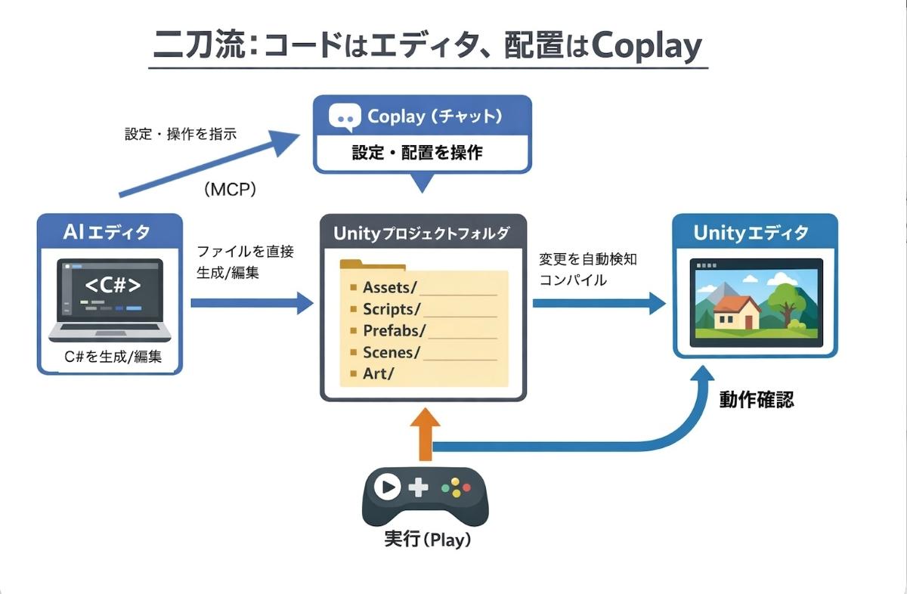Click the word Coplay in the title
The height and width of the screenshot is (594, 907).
click(647, 47)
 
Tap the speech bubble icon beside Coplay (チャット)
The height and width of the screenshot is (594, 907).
click(343, 117)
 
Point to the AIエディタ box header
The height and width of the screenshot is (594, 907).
click(110, 232)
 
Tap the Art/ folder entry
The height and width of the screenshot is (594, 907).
click(379, 373)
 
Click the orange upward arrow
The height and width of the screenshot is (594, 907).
click(425, 435)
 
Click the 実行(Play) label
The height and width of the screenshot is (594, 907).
click(428, 540)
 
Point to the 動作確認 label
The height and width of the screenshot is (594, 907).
click(756, 400)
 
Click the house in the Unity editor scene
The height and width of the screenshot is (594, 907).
click(737, 311)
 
